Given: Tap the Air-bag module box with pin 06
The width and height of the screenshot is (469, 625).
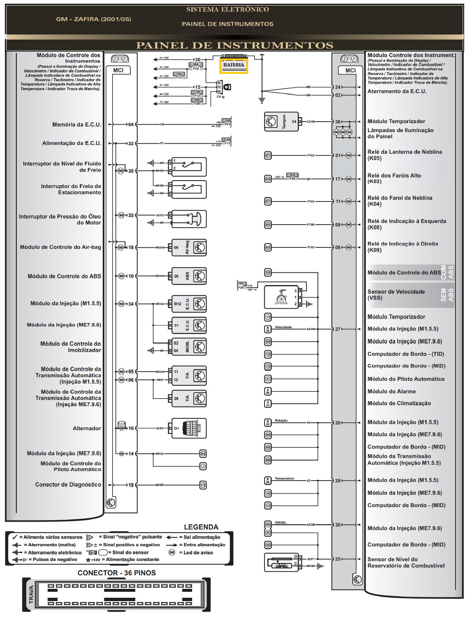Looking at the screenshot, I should click(189, 247).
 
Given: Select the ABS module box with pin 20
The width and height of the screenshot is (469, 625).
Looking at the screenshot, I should click(189, 276).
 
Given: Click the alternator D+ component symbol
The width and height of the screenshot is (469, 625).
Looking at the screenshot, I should click(189, 428).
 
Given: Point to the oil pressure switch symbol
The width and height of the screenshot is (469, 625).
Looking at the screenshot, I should click(189, 219).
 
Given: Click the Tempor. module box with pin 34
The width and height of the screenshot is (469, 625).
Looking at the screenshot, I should click(281, 122).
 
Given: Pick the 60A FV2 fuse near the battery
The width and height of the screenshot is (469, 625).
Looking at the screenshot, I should click(195, 66).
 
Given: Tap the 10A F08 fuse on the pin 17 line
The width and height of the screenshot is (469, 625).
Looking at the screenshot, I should click(292, 176).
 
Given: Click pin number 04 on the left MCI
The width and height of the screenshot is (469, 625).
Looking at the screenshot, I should click(131, 125).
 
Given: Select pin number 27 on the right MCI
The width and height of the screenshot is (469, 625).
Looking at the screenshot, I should click(338, 329).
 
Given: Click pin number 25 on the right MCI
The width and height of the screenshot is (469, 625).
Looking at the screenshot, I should click(338, 559).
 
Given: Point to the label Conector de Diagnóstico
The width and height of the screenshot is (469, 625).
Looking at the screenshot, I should click(68, 485).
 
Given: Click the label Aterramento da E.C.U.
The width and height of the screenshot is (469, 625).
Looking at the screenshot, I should click(397, 91).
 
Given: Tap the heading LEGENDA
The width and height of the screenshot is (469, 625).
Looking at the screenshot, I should click(201, 527).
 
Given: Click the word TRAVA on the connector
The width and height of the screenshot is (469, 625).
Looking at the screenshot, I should click(31, 595).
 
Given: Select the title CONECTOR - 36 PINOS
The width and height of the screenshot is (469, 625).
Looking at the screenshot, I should click(117, 573).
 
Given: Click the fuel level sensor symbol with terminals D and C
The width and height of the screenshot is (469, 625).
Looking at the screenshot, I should click(281, 562).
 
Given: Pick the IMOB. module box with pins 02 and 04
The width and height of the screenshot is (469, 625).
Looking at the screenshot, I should click(189, 347).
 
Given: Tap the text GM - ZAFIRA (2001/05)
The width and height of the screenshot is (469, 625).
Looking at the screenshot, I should click(93, 19).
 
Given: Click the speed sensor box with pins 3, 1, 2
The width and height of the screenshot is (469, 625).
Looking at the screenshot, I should click(281, 297).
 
